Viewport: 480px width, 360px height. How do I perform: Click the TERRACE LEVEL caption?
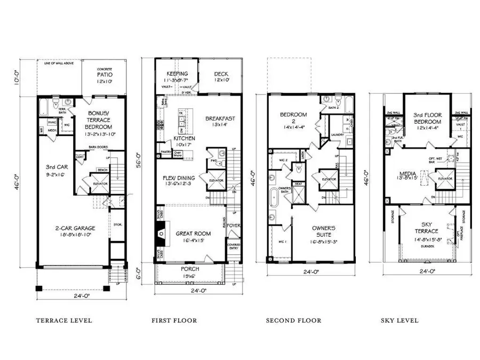pos(64,321)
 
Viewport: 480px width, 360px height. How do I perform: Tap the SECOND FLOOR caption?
pos(294,321)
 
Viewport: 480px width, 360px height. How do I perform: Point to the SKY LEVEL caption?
pos(399,321)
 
